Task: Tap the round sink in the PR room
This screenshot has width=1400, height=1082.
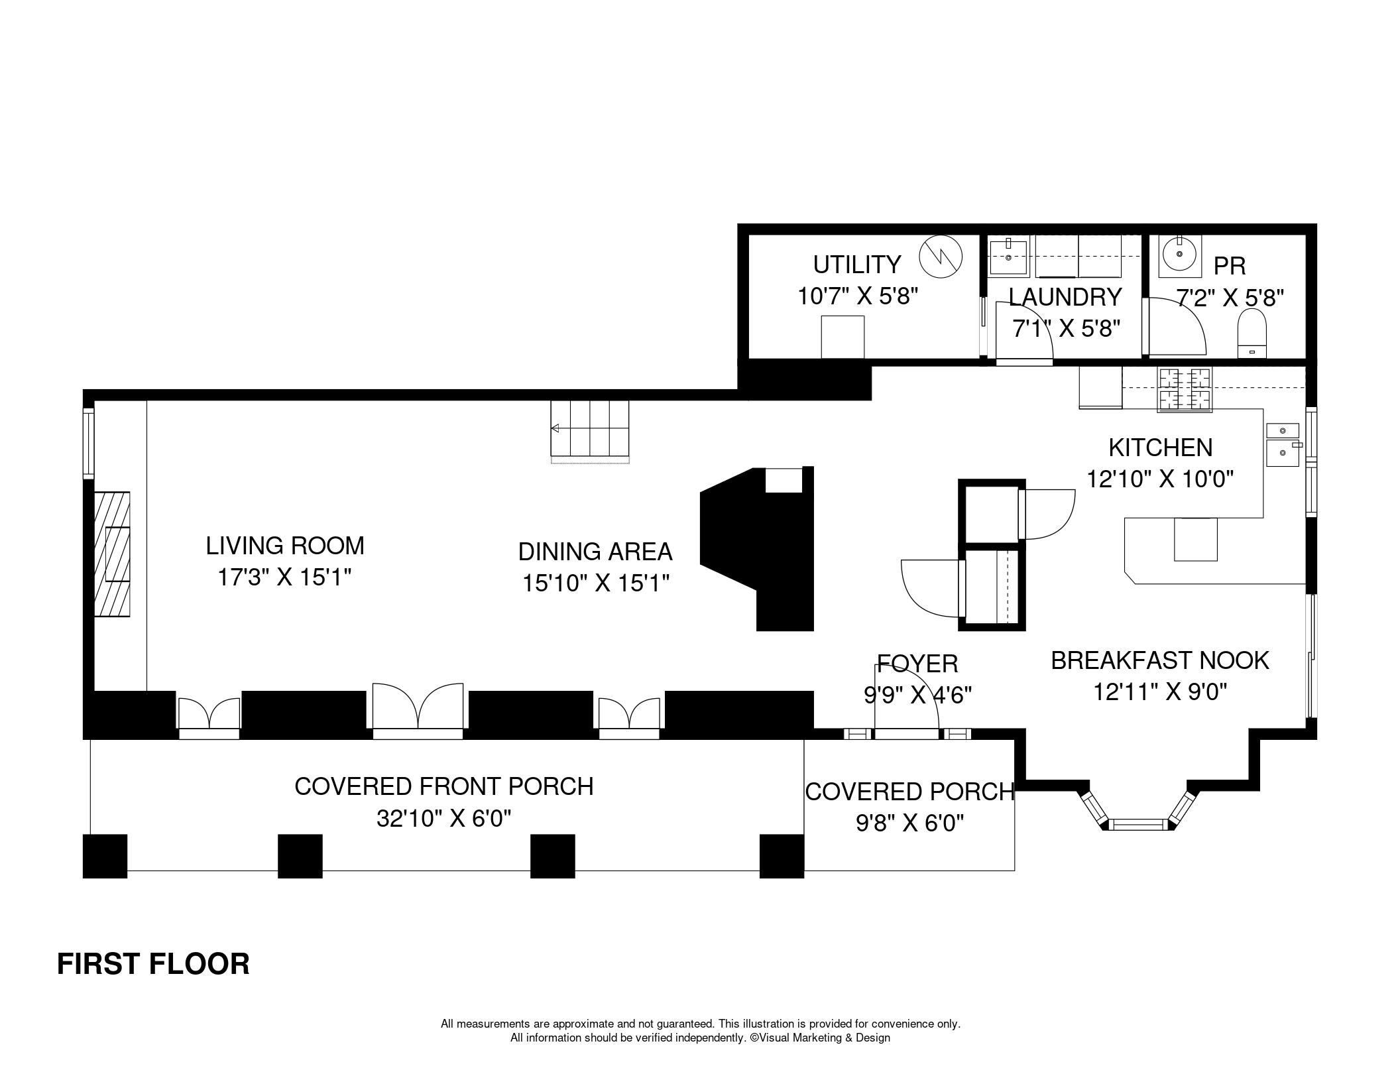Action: coord(1180,256)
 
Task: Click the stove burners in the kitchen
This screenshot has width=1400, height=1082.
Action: coord(1184,389)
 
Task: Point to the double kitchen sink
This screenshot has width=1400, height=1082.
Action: coord(1283,444)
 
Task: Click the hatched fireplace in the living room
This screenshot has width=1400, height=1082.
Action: coord(111,554)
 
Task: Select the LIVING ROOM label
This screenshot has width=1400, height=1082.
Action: coord(285,546)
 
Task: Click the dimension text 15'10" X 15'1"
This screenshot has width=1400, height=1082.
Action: coord(595,583)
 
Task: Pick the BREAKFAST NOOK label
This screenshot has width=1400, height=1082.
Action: coord(1160,660)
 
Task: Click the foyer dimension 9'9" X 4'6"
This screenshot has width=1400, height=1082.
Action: coord(917,695)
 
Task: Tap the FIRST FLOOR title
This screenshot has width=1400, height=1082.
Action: coord(153,964)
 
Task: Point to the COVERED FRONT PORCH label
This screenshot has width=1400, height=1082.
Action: coord(444,786)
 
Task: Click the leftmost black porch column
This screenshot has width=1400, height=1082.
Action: coord(105,856)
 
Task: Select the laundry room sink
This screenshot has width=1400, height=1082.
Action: coord(1008,257)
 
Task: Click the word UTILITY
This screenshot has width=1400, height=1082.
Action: coord(857,265)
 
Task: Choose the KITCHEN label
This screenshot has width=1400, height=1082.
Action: coord(1161,448)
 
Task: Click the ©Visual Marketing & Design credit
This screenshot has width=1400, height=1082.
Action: coord(820,1038)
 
